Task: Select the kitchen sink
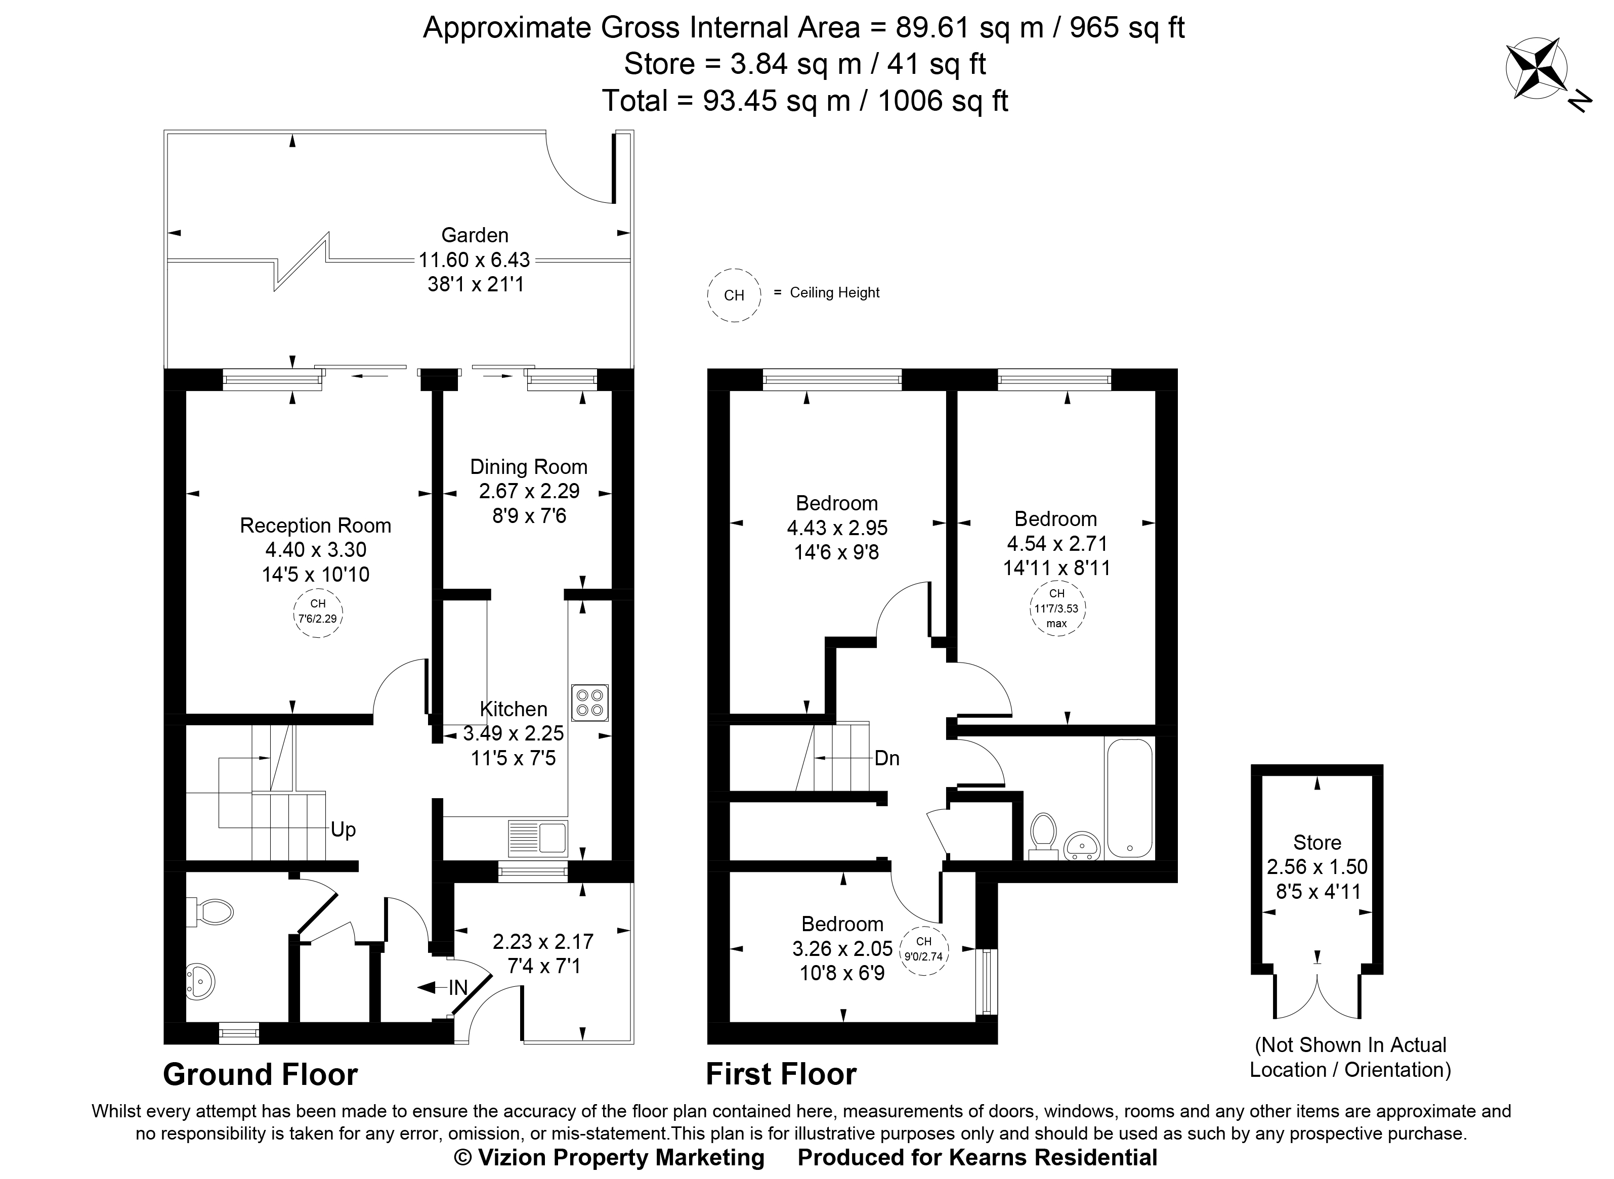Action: (538, 838)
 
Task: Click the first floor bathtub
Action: (1129, 798)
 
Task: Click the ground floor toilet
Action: (211, 911)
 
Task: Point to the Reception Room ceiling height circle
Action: (318, 613)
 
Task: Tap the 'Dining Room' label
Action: (528, 467)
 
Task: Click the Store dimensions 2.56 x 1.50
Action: (1317, 867)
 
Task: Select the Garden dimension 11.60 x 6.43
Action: (475, 260)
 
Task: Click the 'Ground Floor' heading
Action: (260, 1074)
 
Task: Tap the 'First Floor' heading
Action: (781, 1074)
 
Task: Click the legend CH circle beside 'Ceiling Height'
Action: (734, 295)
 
